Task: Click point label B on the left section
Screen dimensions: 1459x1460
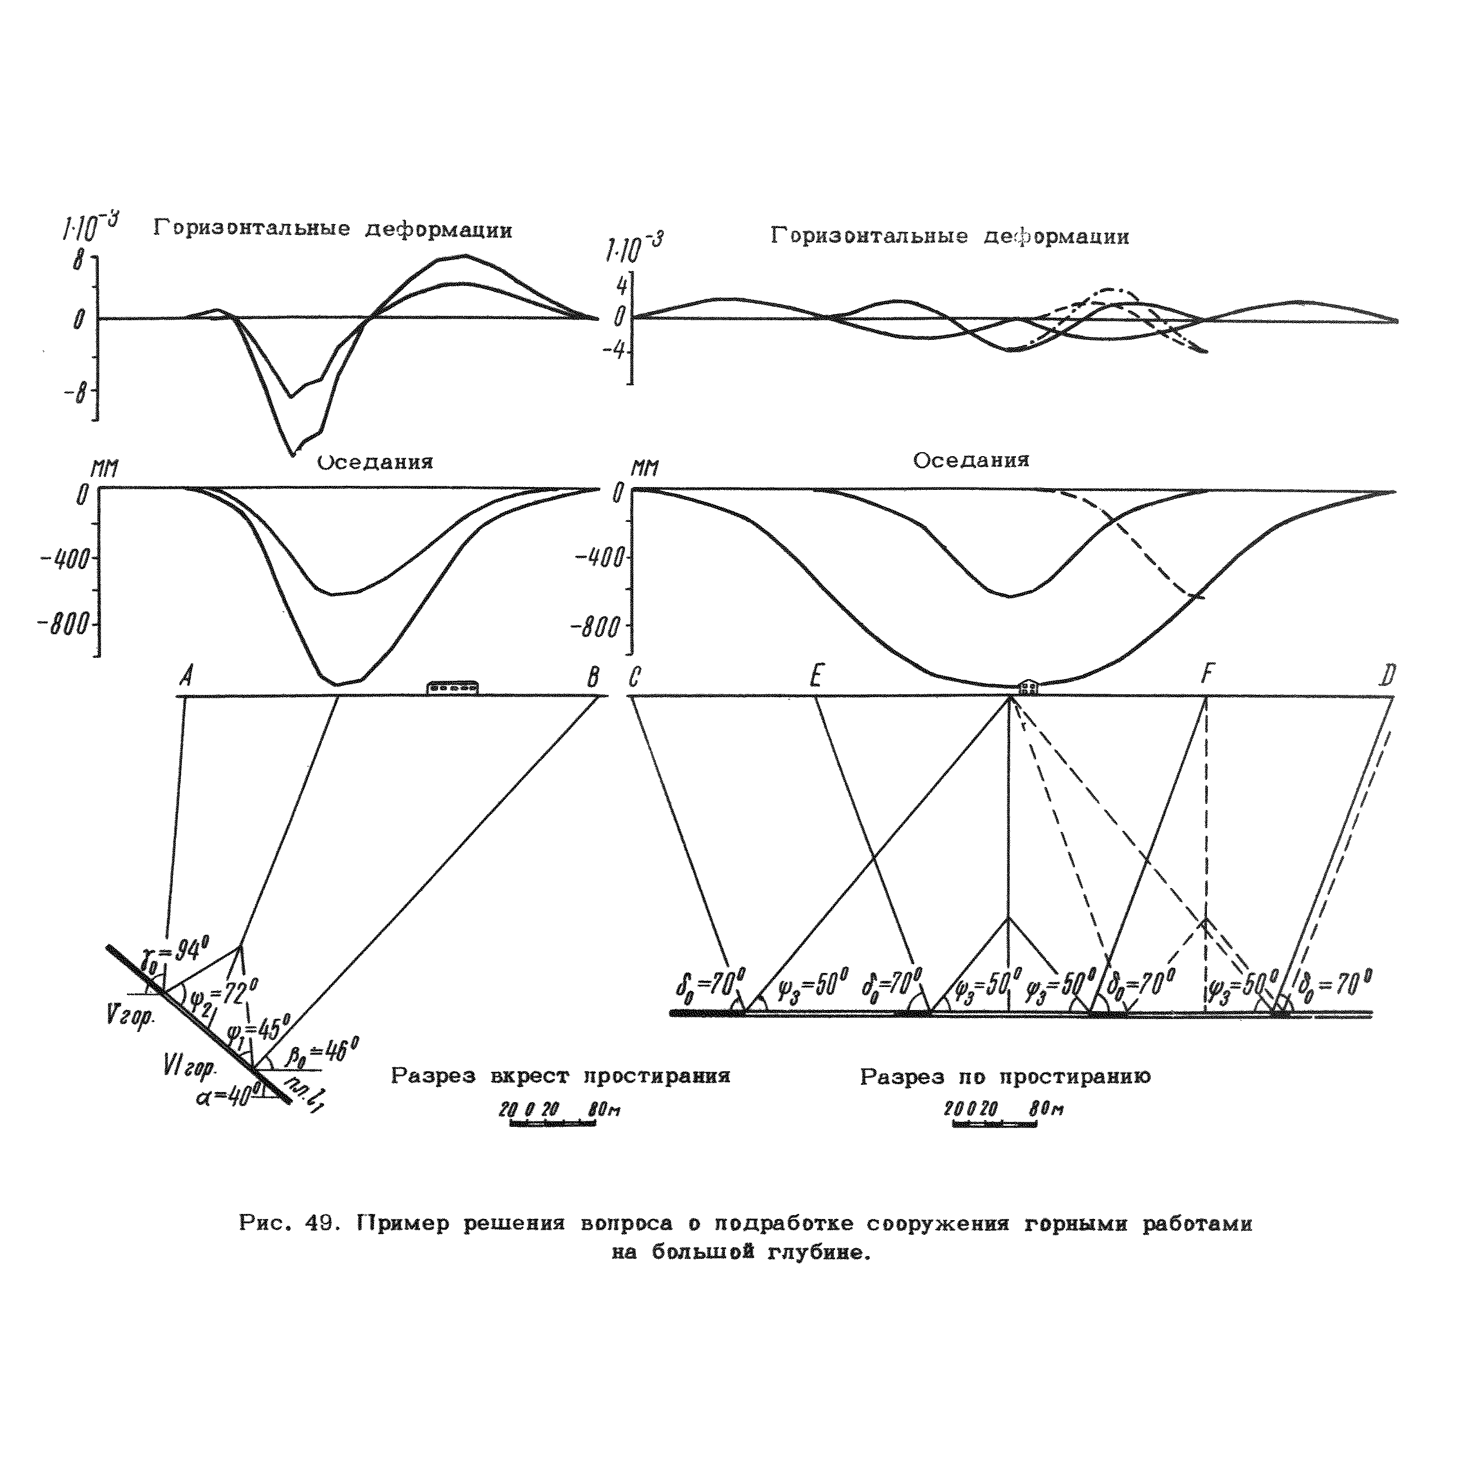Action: point(593,677)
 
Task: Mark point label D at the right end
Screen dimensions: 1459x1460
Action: point(1387,675)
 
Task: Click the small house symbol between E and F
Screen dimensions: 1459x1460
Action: point(1028,687)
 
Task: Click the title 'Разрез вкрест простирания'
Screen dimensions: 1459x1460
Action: point(560,1077)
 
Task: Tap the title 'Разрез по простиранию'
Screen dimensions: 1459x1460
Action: point(1004,1077)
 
